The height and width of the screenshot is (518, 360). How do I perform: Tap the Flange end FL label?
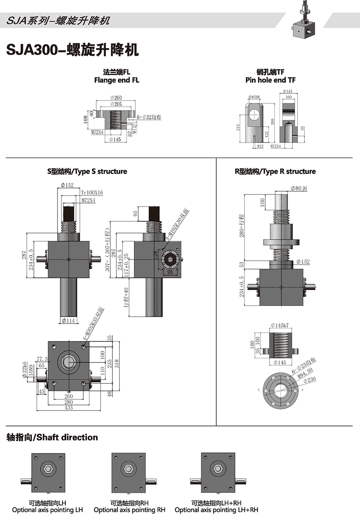coord(117,80)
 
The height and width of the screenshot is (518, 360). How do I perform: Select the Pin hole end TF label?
coord(270,80)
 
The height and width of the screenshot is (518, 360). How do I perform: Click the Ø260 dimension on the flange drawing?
coord(116,98)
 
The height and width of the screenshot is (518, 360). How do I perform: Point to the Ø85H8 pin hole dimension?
coord(254,97)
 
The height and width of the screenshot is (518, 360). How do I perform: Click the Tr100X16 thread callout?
coord(92,193)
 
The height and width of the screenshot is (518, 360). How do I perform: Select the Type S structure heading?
coord(87,171)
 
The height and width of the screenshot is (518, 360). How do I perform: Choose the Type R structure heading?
coord(275,171)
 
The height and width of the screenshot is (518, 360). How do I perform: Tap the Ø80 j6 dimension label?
coord(299,188)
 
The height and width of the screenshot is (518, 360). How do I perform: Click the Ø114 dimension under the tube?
coord(68,321)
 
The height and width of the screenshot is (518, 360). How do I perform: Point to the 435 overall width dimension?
coord(68,408)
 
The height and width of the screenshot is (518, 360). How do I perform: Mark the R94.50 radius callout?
coord(305,373)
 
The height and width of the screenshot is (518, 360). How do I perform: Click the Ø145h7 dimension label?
coord(279,325)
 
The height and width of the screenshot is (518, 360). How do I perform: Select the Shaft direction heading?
coord(52,437)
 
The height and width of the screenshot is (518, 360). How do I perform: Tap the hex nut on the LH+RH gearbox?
coord(218,469)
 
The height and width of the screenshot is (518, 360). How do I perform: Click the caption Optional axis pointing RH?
coord(129,510)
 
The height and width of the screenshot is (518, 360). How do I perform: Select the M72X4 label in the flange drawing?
coord(97,132)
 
